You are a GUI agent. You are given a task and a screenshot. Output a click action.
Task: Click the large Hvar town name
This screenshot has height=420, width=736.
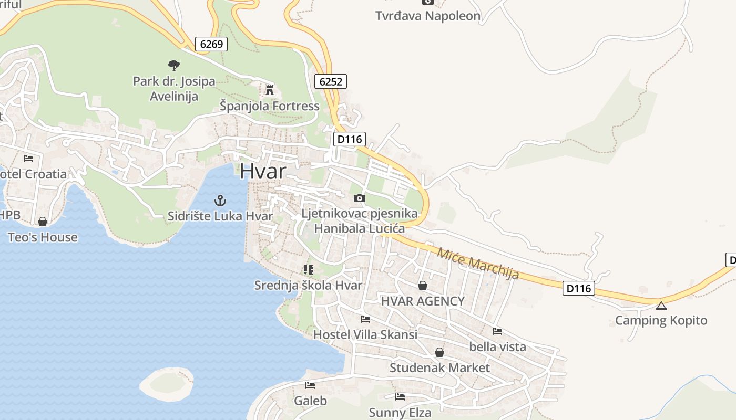[263, 171]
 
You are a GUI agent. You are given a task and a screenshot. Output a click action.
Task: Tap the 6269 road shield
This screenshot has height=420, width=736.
[211, 44]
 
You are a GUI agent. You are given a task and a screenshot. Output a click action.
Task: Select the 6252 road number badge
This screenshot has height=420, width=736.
[331, 81]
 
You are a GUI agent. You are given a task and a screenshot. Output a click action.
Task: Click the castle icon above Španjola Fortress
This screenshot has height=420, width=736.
[270, 90]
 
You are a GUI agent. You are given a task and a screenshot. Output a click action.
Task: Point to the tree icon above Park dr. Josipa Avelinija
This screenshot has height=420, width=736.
[174, 66]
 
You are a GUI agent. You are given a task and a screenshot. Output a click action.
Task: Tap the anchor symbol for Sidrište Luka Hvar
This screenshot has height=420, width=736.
[220, 200]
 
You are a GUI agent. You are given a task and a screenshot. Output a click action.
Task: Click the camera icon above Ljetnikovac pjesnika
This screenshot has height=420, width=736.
[360, 198]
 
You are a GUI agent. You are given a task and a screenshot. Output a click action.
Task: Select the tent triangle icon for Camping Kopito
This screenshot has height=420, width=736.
[661, 306]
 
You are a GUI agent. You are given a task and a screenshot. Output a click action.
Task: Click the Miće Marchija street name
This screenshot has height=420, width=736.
[478, 262]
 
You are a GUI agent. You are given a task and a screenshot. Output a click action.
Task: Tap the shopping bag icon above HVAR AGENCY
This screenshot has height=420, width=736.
[423, 286]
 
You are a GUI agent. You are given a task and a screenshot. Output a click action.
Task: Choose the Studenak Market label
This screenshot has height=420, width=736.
[439, 367]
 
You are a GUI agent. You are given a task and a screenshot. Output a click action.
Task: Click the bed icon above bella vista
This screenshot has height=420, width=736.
[497, 331]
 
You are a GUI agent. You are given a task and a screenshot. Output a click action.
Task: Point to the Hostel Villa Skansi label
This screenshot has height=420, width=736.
[365, 334]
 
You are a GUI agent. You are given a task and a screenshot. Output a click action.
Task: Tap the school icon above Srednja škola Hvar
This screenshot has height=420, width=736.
[309, 270]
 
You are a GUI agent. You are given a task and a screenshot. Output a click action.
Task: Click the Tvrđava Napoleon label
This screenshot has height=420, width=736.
[428, 16]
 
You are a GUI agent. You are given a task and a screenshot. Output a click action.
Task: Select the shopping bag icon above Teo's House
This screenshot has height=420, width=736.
[43, 222]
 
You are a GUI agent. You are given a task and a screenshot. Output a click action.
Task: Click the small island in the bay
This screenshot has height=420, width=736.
[166, 382]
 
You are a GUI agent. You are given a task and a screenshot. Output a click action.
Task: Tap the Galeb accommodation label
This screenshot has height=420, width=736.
[310, 401]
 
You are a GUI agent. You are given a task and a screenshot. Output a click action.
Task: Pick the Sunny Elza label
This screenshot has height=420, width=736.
[400, 412]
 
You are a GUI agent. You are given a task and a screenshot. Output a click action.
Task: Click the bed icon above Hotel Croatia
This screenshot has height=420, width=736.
[28, 158]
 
